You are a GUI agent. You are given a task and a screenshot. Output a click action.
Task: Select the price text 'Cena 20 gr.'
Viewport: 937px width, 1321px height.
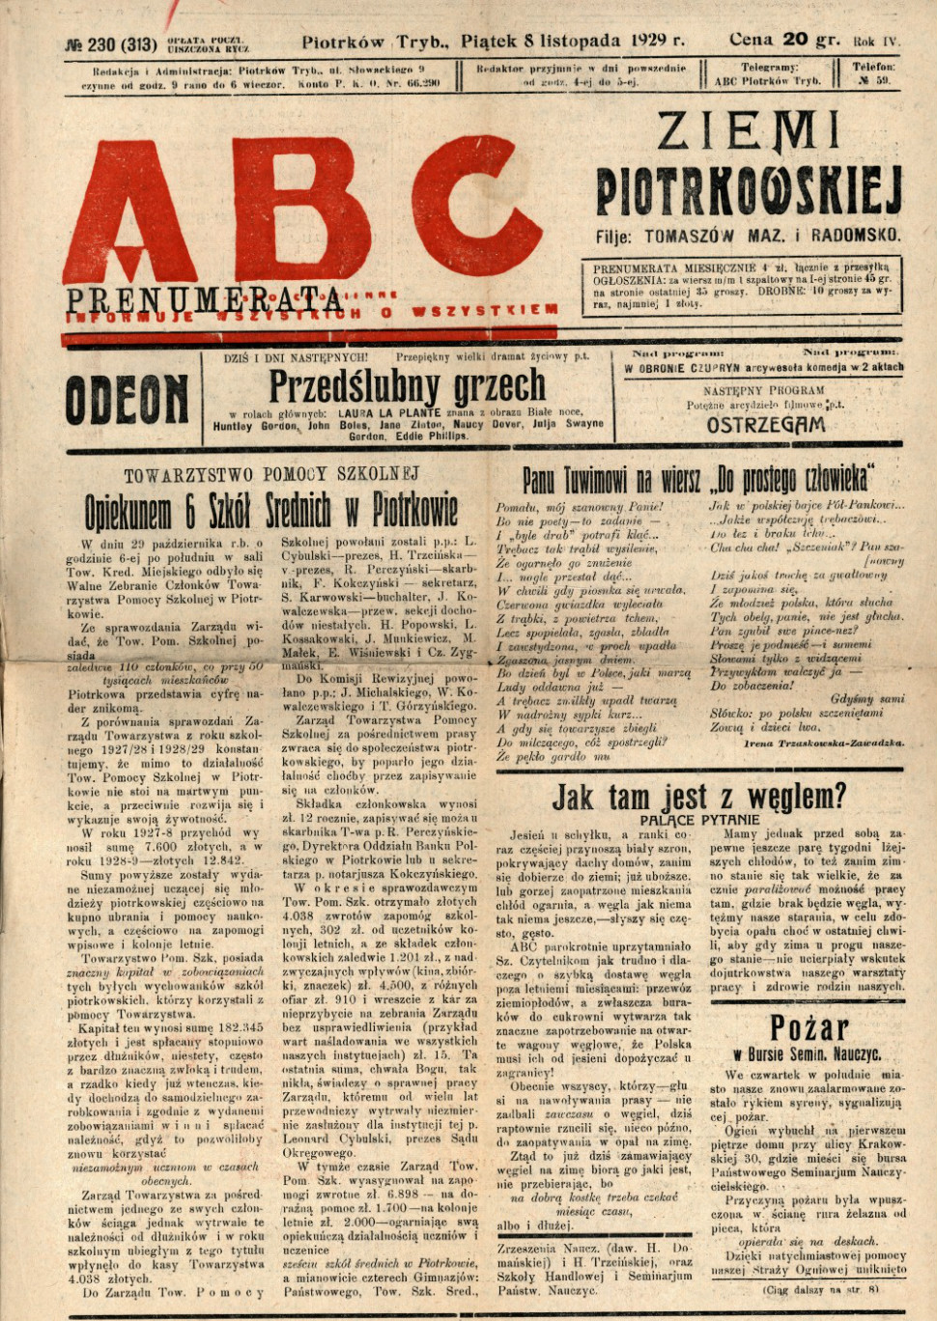pyautogui.click(x=784, y=40)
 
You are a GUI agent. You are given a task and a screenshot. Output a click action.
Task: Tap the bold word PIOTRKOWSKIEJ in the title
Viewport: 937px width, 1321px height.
pyautogui.click(x=748, y=190)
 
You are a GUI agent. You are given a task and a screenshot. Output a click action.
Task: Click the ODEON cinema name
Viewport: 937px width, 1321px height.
pyautogui.click(x=127, y=400)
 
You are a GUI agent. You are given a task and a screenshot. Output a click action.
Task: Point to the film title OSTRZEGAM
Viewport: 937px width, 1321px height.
pyautogui.click(x=766, y=425)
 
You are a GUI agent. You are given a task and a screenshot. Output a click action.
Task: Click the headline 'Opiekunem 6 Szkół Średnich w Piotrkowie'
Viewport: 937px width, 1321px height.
pyautogui.click(x=270, y=509)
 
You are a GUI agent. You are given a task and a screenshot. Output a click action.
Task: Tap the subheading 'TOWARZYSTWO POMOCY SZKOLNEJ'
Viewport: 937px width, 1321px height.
pyautogui.click(x=271, y=474)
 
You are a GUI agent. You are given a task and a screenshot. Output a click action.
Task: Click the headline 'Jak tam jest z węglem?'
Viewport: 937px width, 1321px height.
pyautogui.click(x=698, y=797)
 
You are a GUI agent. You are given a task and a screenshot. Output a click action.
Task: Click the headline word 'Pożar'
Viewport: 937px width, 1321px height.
pyautogui.click(x=809, y=1027)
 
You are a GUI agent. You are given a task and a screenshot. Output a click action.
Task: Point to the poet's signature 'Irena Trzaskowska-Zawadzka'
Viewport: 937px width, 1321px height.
pyautogui.click(x=824, y=744)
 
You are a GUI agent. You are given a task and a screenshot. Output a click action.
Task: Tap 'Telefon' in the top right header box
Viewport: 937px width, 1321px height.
pyautogui.click(x=873, y=68)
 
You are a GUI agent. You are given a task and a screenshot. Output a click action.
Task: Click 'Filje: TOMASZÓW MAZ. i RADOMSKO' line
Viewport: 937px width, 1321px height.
pyautogui.click(x=748, y=236)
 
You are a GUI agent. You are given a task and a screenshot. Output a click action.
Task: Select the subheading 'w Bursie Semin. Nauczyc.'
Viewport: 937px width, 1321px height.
pyautogui.click(x=808, y=1054)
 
